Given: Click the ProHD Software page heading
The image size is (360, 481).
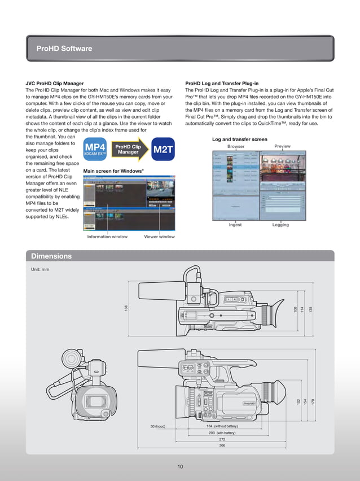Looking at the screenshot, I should tap(64, 49).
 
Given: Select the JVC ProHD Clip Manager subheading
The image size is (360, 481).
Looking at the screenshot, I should tap(59, 83).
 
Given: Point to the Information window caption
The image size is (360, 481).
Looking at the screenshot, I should tap(107, 237).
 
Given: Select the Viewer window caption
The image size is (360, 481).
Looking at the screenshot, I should tap(159, 237).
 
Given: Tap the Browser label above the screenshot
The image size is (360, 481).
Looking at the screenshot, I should tap(236, 146).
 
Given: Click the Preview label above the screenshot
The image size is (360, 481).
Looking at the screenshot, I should tap(282, 146).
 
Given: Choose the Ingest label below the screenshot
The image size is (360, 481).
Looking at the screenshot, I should tap(235, 225).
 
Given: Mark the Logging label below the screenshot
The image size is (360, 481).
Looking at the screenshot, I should tap(280, 225).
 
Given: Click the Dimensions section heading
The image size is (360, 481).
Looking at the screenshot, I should tap(51, 256).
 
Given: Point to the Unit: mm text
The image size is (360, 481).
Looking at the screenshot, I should tap(40, 269).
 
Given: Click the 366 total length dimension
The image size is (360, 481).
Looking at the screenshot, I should tap(222, 445).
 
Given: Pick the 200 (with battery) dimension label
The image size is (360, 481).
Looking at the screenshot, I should tap(222, 432).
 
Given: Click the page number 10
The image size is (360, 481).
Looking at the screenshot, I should tap(180, 466).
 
